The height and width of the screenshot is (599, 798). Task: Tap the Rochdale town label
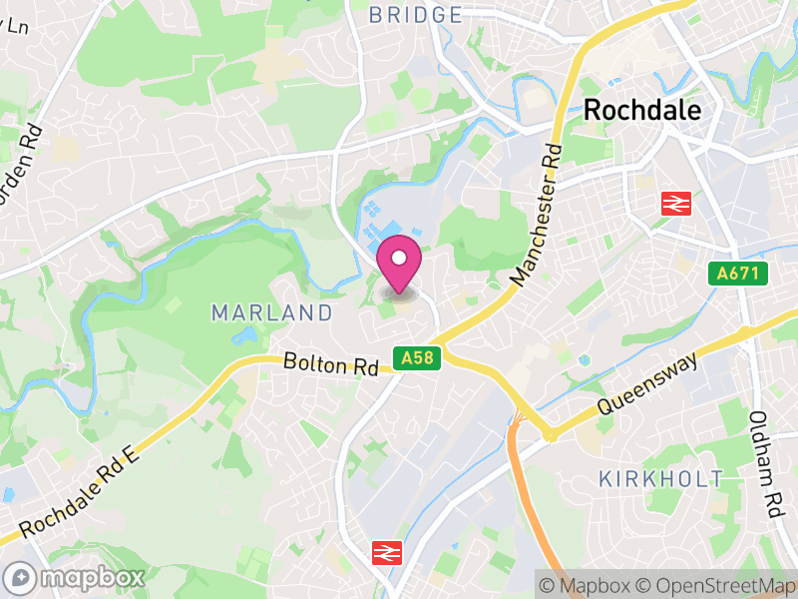click(x=642, y=111)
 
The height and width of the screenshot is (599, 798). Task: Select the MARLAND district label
click(x=271, y=312)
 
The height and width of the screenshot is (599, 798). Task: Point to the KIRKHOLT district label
click(x=661, y=478)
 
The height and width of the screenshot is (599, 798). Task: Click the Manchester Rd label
click(x=536, y=213)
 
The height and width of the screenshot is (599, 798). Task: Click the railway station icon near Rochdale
click(x=675, y=204)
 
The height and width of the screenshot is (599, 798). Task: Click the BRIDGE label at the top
click(x=416, y=15)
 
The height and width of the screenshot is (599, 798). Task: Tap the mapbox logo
click(x=77, y=577)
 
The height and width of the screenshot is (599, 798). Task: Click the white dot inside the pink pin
click(x=399, y=258)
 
